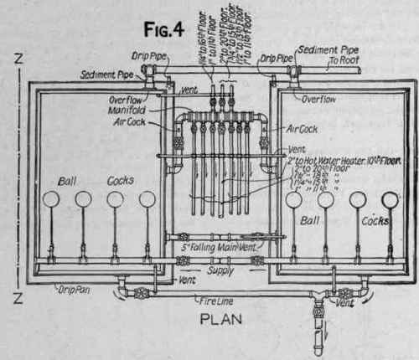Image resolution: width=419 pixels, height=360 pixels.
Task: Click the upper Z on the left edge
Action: coord(18,59)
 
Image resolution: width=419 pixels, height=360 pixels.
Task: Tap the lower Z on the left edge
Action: coord(18,297)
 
